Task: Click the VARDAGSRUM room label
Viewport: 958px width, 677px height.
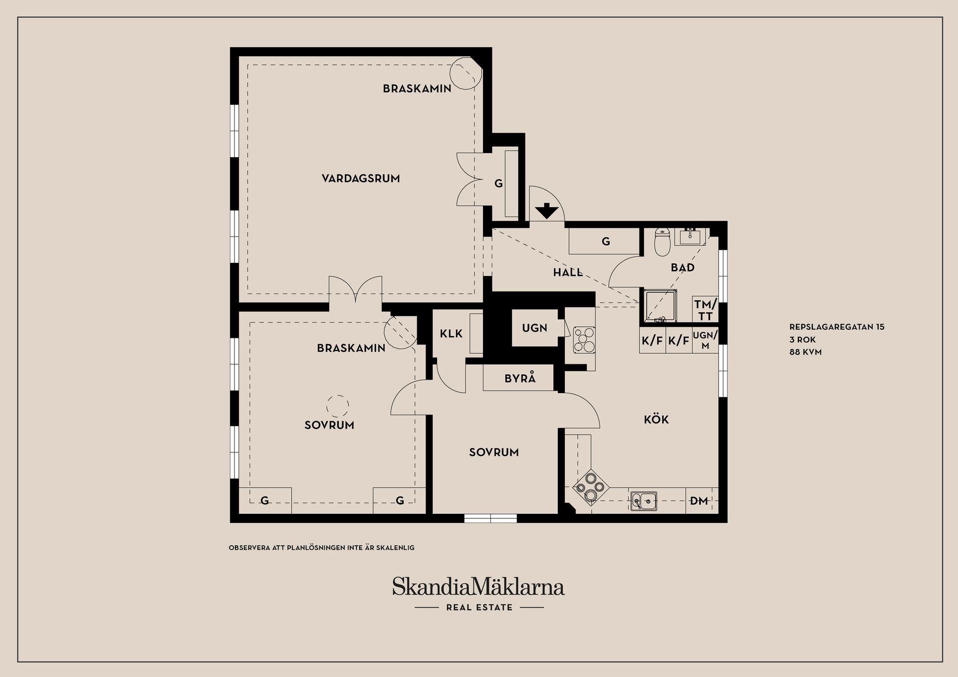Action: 361,179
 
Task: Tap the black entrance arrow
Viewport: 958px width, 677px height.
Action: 547,211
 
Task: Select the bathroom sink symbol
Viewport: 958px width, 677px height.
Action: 691,236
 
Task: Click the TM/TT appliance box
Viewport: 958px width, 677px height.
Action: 706,309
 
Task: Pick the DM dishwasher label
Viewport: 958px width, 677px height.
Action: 699,501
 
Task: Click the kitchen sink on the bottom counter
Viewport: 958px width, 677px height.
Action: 644,501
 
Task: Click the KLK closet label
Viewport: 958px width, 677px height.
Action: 451,334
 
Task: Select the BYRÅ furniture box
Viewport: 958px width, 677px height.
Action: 519,378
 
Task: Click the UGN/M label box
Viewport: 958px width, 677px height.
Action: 705,340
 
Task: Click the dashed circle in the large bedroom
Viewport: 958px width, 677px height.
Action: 338,406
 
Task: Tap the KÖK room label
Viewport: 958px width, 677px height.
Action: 656,420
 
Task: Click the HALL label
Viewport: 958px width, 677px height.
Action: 568,272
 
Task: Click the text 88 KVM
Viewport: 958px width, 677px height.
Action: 805,352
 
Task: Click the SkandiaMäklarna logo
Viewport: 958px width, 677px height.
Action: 478,587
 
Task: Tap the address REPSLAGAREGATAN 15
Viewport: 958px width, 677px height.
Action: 837,327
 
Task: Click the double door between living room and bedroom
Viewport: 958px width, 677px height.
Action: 355,290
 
